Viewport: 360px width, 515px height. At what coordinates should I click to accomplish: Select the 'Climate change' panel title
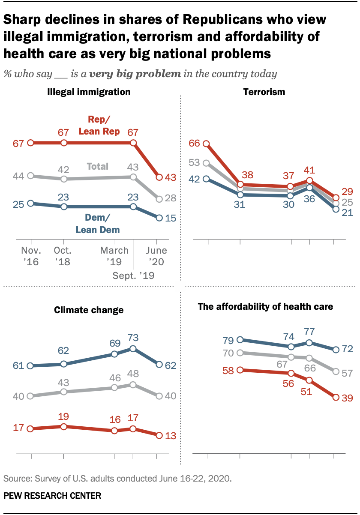(x=88, y=310)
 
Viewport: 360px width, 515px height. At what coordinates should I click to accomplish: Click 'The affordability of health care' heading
(x=265, y=306)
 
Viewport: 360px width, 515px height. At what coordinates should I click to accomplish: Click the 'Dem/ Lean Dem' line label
(x=98, y=224)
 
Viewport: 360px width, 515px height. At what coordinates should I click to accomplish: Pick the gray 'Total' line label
(x=98, y=166)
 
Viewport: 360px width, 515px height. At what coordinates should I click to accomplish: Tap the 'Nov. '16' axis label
(x=30, y=256)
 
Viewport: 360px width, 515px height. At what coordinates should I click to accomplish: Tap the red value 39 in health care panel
(x=347, y=398)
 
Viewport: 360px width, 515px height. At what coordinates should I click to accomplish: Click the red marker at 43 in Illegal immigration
(x=159, y=177)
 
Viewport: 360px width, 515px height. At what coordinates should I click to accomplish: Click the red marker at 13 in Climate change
(x=159, y=435)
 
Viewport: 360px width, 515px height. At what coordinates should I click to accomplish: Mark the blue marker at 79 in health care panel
(x=240, y=339)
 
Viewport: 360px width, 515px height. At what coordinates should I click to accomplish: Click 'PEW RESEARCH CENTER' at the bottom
(x=52, y=496)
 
